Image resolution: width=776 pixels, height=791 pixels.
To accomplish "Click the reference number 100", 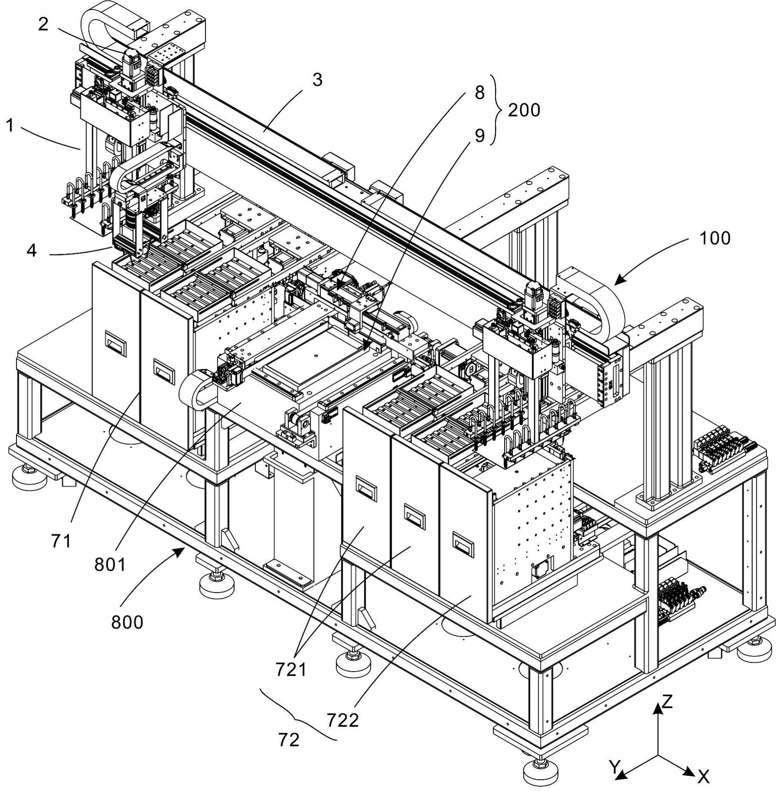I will coord(714,238).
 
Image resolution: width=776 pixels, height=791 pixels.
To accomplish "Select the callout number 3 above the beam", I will coord(318,80).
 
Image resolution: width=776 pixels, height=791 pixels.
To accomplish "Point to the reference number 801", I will coord(110,565).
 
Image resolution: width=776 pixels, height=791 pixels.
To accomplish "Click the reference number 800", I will coord(127,622).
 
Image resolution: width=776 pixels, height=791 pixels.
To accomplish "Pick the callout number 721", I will coord(291,670).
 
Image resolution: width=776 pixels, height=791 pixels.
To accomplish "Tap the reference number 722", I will coord(343,721).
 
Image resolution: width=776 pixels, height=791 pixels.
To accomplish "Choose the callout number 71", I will coord(61,541).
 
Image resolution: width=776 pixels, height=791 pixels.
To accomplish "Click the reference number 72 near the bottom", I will coord(289,740).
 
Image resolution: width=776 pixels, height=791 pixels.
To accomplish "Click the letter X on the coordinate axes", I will coord(703,776).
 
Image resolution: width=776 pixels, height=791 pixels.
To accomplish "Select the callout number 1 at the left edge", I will coord(10,126).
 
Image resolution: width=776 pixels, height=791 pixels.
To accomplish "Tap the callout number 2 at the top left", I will coord(43,25).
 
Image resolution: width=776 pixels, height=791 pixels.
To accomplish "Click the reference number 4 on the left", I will coord(32,250).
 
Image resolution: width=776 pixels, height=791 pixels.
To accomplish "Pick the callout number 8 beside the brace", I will coord(479,93).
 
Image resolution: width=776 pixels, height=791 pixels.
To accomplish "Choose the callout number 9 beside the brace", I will coord(479,136).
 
